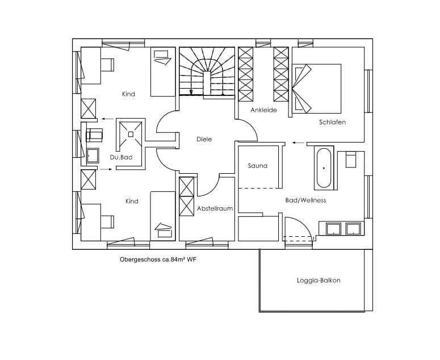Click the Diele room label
204,139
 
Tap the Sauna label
258,166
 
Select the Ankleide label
264,110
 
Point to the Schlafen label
332,122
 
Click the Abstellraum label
215,208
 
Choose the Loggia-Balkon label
319,281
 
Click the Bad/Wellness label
305,200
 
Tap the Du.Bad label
121,157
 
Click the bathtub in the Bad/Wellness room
324,168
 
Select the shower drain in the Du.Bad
131,134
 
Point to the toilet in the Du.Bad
94,135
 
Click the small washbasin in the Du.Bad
93,156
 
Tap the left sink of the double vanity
333,229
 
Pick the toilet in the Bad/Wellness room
351,160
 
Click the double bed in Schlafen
317,89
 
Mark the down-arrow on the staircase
191,92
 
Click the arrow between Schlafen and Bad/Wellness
298,143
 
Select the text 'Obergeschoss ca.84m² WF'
158,259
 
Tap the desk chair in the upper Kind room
107,65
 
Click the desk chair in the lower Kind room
107,221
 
